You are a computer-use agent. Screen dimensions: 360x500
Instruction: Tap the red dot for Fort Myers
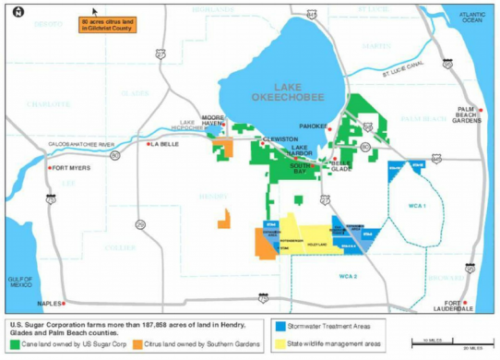point(51,168)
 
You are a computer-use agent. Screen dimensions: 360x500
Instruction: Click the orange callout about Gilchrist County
point(104,24)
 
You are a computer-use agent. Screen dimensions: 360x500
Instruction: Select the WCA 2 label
point(347,276)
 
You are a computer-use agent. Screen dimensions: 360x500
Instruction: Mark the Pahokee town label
point(314,126)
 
